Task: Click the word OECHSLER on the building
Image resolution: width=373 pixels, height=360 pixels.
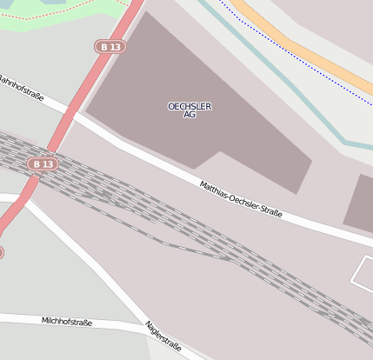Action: (190, 106)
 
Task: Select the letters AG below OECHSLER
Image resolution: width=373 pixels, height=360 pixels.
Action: (190, 115)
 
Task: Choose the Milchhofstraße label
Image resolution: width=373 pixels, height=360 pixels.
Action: (67, 322)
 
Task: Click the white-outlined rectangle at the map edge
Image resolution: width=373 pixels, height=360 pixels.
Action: (364, 272)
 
